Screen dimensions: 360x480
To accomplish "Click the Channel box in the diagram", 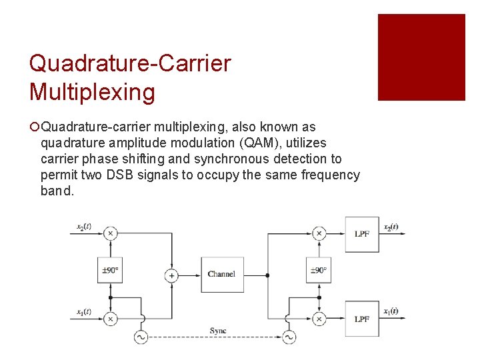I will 222,274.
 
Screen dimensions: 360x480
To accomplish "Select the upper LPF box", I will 361,234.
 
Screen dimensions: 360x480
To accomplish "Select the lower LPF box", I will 361,319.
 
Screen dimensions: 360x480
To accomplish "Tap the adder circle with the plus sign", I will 171,275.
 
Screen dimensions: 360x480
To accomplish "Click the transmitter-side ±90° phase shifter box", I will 110,270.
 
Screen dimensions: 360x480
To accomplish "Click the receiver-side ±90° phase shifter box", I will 319,270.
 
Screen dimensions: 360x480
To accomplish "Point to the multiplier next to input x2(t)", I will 110,233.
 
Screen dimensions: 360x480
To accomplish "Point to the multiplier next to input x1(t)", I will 110,319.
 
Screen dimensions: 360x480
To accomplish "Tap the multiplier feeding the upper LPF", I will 319,233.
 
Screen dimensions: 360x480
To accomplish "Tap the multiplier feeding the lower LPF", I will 319,319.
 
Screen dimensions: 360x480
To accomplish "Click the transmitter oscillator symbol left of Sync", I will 141,337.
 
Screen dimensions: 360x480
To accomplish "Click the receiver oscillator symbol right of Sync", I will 289,337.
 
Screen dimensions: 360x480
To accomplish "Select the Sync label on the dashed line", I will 218,331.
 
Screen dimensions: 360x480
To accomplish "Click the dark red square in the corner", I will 421,57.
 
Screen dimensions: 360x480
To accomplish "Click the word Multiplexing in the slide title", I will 92,92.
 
